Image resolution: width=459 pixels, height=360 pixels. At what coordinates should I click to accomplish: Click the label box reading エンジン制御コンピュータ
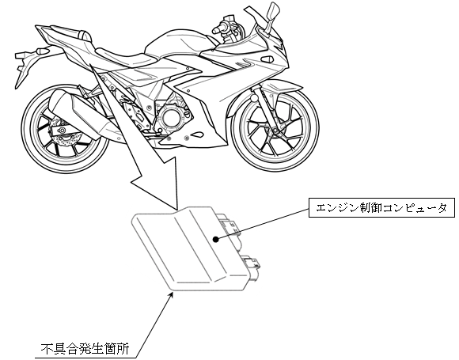click(381, 208)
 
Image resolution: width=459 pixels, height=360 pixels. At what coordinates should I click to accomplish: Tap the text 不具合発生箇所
click(85, 349)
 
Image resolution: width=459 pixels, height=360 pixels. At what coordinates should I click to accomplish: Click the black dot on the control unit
click(216, 240)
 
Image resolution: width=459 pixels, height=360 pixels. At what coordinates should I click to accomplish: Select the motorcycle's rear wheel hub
click(62, 131)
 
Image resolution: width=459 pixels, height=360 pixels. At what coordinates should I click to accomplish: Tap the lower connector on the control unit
click(251, 266)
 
